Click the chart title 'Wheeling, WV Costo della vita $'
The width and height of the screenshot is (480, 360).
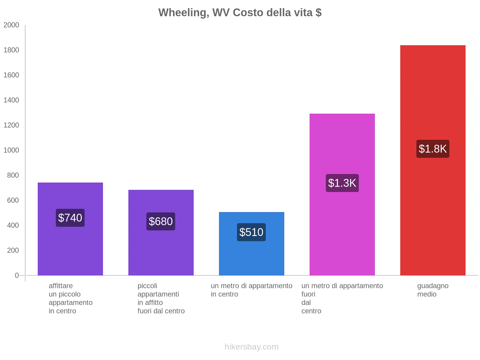click(x=240, y=13)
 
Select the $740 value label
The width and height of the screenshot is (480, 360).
click(x=70, y=218)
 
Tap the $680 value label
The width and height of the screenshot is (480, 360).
click(x=161, y=221)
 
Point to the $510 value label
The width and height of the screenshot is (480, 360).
click(x=251, y=232)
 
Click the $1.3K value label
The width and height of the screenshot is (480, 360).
click(x=342, y=183)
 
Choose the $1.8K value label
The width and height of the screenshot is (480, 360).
click(x=433, y=149)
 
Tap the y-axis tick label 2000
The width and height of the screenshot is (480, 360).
click(x=11, y=25)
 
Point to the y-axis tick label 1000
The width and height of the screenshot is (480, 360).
click(x=11, y=150)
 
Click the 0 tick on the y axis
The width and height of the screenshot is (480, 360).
click(x=17, y=275)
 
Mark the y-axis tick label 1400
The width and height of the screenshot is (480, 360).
click(x=11, y=100)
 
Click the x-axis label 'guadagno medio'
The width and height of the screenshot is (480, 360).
click(x=433, y=290)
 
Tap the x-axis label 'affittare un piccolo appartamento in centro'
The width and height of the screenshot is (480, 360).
click(x=70, y=298)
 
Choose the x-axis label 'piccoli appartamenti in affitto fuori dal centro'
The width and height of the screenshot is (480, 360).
click(x=161, y=298)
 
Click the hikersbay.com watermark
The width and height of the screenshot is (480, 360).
click(x=251, y=347)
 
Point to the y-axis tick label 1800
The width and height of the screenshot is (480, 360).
click(x=11, y=50)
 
